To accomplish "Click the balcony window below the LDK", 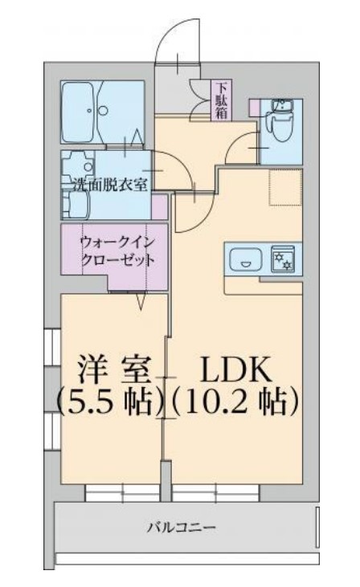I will coord(211,491).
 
